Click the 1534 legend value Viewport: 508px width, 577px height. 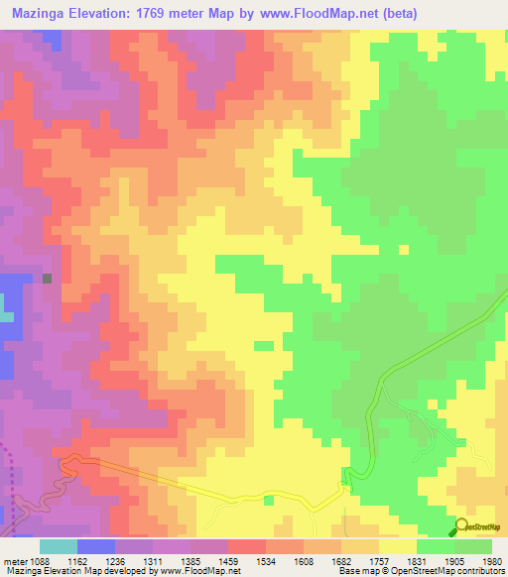point(267,561)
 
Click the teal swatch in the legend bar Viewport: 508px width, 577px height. point(59,546)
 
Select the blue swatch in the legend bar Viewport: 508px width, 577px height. point(96,546)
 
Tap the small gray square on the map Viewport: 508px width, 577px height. point(47,279)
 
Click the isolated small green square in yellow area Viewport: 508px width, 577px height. point(263,345)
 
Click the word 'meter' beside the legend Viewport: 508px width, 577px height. point(14,561)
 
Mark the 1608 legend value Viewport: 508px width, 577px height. point(304,561)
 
